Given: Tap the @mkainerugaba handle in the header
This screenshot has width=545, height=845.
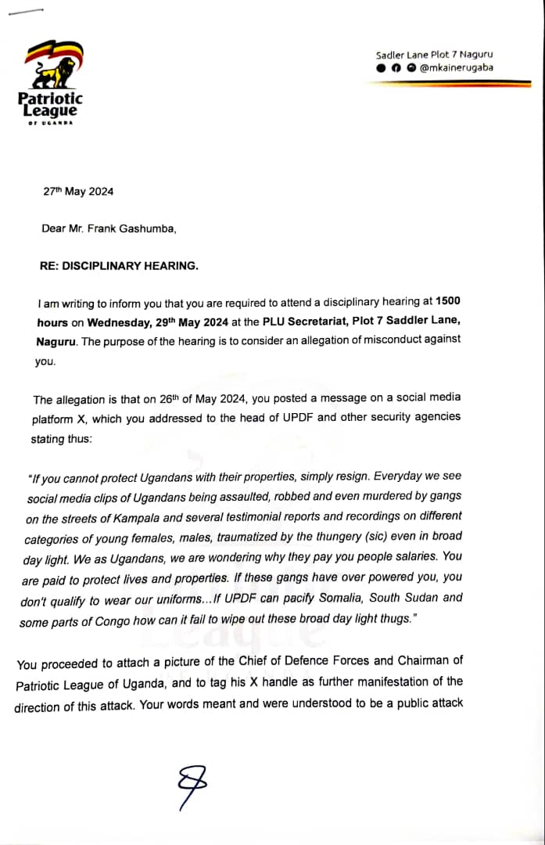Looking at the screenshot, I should click(x=457, y=68).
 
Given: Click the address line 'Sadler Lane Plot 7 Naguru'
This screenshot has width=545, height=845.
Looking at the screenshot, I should click(x=434, y=55).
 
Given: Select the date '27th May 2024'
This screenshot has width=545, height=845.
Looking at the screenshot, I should click(x=78, y=191).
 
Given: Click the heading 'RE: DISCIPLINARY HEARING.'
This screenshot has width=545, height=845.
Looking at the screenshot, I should click(x=118, y=265).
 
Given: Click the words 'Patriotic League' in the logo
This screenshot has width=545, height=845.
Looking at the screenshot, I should click(x=49, y=105).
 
